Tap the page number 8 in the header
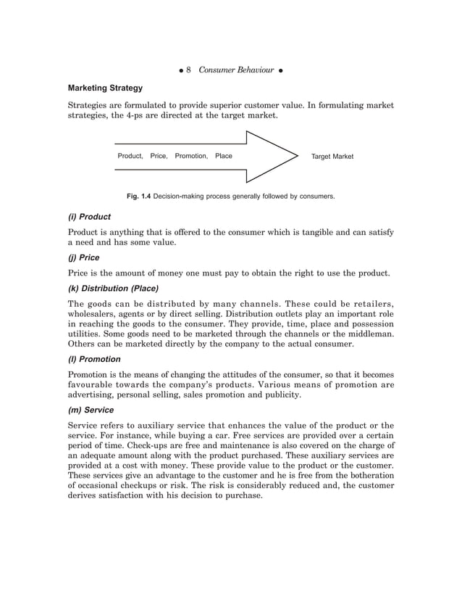click(x=188, y=70)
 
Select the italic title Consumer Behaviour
click(x=236, y=70)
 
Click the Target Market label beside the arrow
click(x=332, y=157)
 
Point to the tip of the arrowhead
click(x=298, y=156)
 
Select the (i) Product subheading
click(x=89, y=216)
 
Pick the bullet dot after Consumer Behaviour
click(x=280, y=70)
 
